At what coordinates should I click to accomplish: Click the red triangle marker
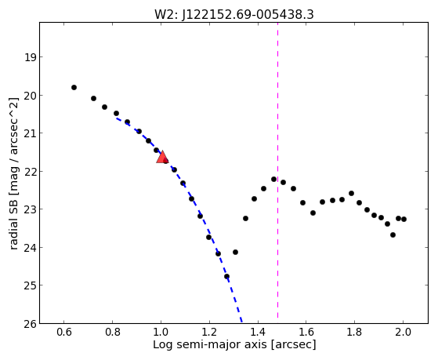coord(162,157)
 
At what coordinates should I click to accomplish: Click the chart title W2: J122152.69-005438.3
coord(234,15)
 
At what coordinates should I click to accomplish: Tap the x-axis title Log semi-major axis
coord(210,344)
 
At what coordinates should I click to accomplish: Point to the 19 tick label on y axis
coord(31,57)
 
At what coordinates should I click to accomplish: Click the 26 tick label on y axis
coord(31,324)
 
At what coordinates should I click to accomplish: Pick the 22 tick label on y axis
coord(31,171)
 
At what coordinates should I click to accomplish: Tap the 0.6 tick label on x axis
coord(64,332)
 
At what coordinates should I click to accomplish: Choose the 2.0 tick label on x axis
coord(403,332)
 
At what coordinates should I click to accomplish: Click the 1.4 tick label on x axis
coord(258,332)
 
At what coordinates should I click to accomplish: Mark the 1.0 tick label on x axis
coord(161,332)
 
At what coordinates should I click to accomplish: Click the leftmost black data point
coord(74,88)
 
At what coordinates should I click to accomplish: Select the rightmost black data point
coord(404,219)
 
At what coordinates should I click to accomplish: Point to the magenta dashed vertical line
coord(277,170)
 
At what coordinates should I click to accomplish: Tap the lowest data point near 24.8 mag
coord(226,276)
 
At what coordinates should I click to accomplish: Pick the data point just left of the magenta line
coord(273,179)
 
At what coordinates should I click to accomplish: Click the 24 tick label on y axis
coord(31,247)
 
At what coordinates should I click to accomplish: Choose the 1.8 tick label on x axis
coord(355,332)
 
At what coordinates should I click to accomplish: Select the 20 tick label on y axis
coord(31,96)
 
